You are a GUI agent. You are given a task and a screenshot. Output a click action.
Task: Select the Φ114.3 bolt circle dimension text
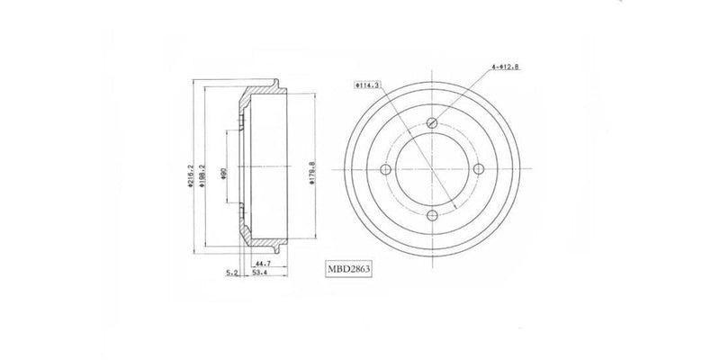367,85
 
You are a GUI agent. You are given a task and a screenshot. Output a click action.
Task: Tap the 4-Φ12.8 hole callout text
507,65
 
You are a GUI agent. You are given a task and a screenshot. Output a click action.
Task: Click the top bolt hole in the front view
433,123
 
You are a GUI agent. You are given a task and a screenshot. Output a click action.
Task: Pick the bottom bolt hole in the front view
433,213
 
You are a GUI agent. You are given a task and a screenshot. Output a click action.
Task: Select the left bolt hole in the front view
388,169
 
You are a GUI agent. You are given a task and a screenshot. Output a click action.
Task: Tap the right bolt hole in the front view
478,169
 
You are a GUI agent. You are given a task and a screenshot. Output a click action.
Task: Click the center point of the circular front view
433,169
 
